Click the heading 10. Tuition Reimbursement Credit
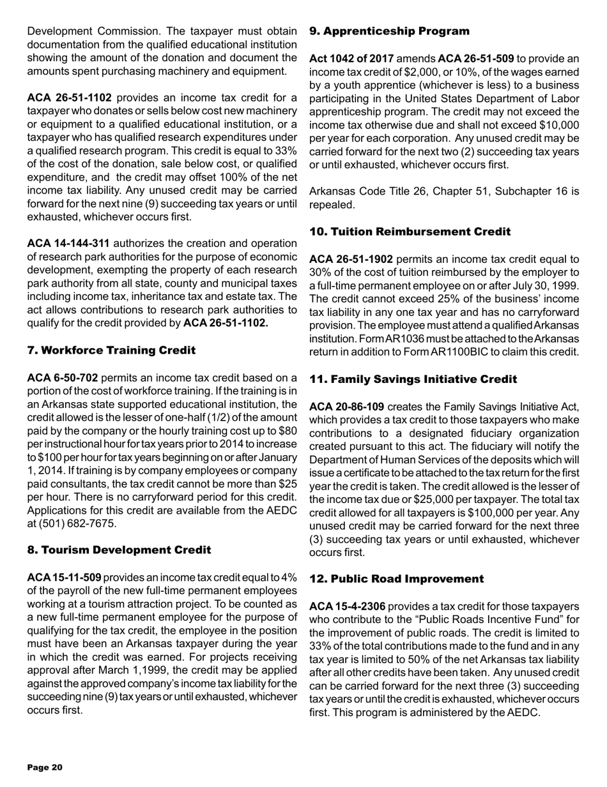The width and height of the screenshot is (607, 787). (410, 232)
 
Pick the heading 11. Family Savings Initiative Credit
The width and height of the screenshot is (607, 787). (413, 379)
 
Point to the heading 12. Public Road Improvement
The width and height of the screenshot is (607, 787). (396, 579)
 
